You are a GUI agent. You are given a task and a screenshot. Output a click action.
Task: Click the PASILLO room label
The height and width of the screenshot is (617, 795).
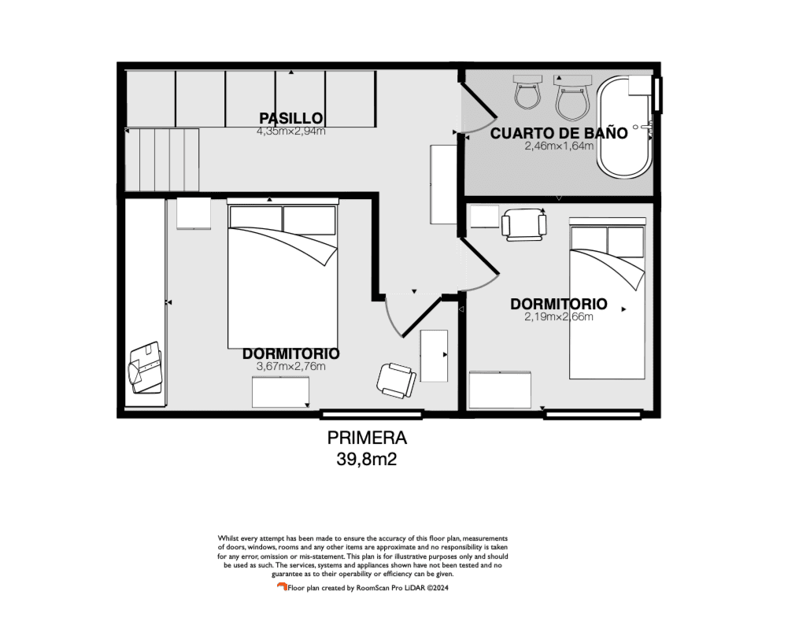pos(290,118)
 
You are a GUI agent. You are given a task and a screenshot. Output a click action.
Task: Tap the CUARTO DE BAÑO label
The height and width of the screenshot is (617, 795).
pos(559,133)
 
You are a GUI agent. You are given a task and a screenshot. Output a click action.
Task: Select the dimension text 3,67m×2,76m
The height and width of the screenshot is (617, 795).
pos(291,367)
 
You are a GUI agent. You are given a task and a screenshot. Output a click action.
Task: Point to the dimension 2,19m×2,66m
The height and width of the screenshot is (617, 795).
pos(559,317)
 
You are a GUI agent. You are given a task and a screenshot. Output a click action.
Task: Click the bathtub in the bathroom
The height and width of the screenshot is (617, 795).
pos(624,127)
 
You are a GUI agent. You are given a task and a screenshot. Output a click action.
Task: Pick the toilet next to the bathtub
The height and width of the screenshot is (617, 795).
pos(572,98)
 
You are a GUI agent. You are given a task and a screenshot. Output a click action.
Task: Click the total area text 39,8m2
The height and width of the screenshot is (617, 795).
pos(367,460)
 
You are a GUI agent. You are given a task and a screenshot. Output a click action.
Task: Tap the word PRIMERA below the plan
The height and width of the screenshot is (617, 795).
pos(367,438)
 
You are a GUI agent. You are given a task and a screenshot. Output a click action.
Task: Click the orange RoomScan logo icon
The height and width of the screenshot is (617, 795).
pos(282,587)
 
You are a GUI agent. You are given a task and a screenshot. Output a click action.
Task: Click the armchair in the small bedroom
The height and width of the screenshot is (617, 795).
pos(523,224)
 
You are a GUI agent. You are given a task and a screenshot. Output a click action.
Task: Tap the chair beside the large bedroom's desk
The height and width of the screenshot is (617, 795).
pos(396,380)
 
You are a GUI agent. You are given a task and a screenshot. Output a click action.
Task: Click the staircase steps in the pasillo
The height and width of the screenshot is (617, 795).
pos(161,160)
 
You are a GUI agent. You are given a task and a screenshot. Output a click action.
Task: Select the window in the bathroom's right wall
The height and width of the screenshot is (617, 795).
pos(657,94)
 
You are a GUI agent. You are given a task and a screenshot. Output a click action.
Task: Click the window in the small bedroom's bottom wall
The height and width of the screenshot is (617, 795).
pos(593,416)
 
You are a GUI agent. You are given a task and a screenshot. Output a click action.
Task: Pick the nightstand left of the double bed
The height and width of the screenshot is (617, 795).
pos(194,213)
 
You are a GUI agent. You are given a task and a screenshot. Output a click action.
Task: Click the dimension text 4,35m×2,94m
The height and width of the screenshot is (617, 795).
pos(291,131)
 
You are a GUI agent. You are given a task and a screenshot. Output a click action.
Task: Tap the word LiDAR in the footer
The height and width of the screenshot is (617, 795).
pos(414,588)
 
